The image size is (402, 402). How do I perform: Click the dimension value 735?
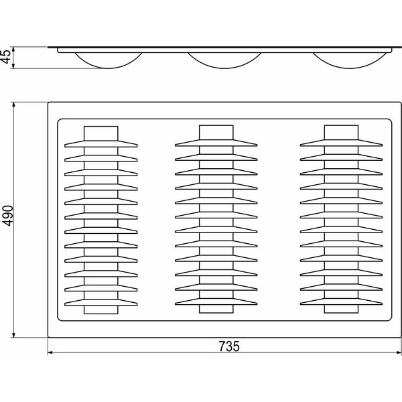229,346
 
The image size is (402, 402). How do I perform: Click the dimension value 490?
7,216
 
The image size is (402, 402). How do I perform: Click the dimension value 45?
7,56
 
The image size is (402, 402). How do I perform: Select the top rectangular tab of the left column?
101,133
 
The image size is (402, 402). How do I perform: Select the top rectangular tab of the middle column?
216,133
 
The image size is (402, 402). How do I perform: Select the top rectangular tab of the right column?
341,133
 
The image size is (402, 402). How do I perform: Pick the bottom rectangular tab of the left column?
101,310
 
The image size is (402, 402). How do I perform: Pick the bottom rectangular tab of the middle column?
216,309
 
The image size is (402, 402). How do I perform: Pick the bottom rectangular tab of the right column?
341,309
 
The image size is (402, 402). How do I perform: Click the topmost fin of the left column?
101,144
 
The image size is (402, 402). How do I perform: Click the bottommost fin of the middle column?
216,301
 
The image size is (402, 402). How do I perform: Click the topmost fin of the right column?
341,143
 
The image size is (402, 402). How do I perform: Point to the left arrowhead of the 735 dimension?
50,352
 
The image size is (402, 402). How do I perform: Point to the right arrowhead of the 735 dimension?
399,352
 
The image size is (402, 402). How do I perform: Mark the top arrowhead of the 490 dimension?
14,105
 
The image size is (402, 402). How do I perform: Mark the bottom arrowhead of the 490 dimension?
14,335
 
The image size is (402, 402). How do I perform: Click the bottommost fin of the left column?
101,303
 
